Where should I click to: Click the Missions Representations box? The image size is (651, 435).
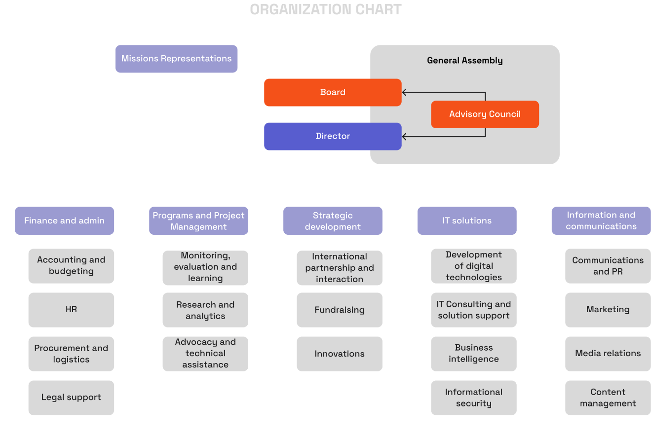pos(176,59)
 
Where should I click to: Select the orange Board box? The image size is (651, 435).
pos(333,92)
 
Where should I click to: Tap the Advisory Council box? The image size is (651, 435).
pos(485,114)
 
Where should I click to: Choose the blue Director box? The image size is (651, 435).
pos(333,136)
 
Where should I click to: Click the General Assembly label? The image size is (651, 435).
pos(464,61)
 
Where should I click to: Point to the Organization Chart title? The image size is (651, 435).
pos(326,9)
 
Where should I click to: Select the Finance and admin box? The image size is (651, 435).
pos(65,220)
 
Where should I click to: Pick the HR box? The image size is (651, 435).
pos(71,310)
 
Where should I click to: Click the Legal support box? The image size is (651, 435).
pos(71,398)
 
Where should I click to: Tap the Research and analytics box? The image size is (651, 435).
pos(205,310)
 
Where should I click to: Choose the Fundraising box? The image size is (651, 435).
pos(340,310)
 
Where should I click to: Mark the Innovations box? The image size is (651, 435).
pos(340,354)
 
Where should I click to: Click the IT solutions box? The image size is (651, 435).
pos(467,220)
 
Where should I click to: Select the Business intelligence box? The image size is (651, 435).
pos(473,354)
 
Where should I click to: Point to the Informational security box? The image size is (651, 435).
pos(473,398)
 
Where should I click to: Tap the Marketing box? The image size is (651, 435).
pos(608,310)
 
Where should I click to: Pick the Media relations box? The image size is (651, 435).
pos(608,354)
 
